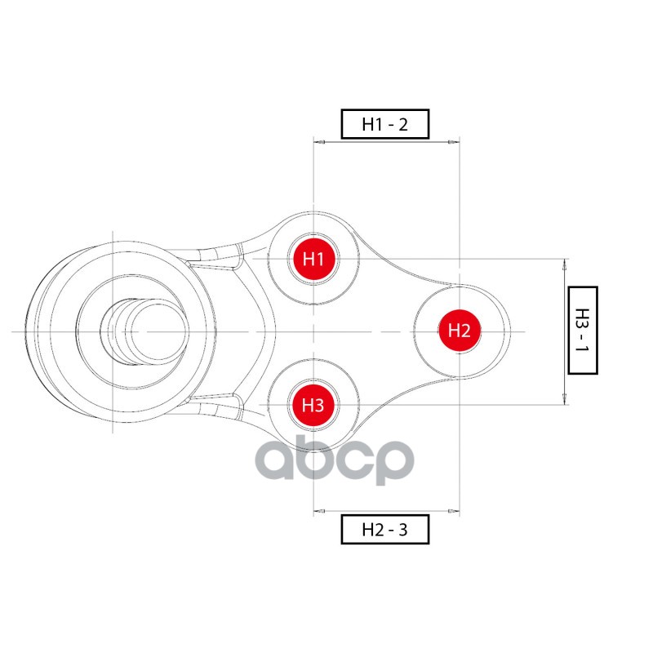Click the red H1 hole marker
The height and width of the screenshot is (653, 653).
(313, 259)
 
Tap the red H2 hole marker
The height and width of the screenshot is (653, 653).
(460, 331)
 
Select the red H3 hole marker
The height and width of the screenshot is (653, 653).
(313, 405)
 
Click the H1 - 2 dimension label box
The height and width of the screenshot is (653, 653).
(384, 124)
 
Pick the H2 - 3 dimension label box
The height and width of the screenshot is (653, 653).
(384, 529)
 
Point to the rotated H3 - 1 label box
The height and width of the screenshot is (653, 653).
(583, 331)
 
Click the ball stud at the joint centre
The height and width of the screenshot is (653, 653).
(144, 331)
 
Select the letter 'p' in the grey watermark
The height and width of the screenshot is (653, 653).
(393, 461)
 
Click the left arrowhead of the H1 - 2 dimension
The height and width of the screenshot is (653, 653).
(319, 142)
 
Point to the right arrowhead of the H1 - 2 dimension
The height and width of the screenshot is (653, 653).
(454, 142)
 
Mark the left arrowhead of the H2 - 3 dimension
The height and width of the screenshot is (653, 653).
(319, 511)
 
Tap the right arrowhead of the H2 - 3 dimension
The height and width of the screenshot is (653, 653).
(454, 511)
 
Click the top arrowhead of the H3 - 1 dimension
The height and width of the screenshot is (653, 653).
(565, 264)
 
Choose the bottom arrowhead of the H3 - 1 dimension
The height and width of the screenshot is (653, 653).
(565, 399)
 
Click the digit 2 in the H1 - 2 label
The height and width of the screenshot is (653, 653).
(402, 125)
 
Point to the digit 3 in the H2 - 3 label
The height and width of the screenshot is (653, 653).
(402, 530)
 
